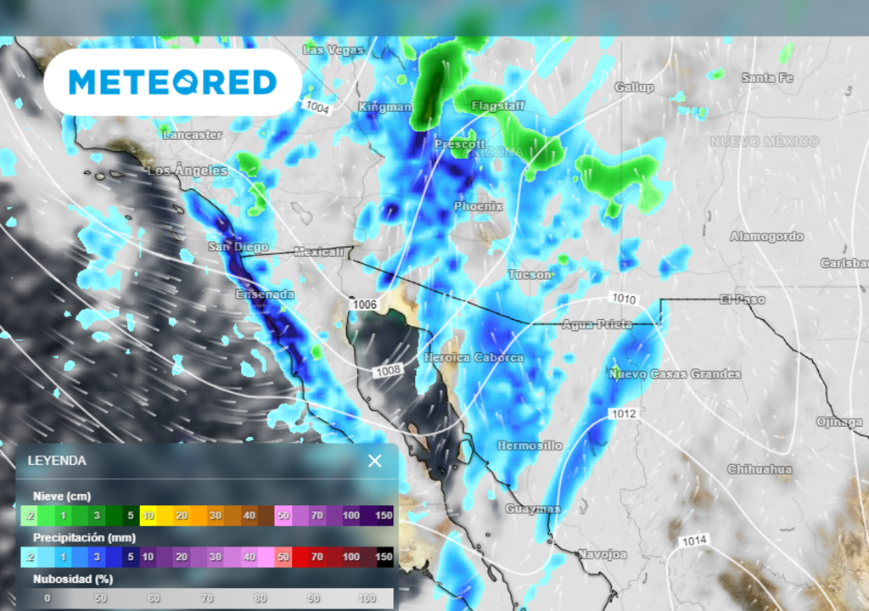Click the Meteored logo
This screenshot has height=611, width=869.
(x=172, y=82)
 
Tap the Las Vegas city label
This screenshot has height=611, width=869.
(x=333, y=50)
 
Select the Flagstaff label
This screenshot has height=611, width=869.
(x=498, y=106)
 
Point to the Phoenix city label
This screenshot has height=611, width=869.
(x=478, y=206)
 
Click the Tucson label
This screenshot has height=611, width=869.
(x=530, y=274)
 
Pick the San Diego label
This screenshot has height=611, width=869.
(x=238, y=247)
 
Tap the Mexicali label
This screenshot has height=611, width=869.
(x=319, y=252)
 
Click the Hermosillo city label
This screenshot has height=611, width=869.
(x=530, y=446)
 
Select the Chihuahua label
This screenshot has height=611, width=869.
(x=760, y=469)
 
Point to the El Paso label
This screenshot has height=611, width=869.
(x=742, y=300)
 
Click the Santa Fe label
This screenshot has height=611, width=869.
(x=767, y=78)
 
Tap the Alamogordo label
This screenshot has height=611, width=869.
(x=766, y=237)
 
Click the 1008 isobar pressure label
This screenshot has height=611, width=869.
(x=388, y=370)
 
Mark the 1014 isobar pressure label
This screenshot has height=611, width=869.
(x=694, y=541)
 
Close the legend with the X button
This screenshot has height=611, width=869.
(x=374, y=461)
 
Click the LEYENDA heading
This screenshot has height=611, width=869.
(x=57, y=461)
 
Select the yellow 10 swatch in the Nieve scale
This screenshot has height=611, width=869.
(x=148, y=515)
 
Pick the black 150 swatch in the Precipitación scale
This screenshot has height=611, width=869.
(x=384, y=557)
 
